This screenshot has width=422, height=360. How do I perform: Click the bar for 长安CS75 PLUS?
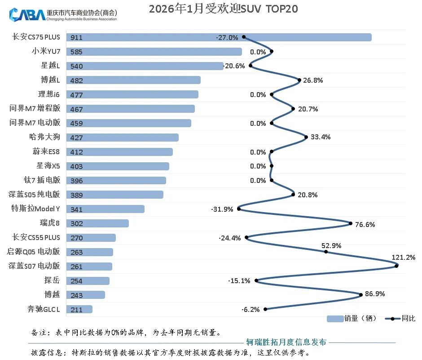coord(219,37)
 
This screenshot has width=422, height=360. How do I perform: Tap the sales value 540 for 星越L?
coord(77,66)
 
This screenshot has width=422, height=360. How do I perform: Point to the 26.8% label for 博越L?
coord(313,80)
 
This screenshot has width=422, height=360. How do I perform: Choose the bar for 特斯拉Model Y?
coord(105,209)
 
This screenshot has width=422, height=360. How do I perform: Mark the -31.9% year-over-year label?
coord(222,209)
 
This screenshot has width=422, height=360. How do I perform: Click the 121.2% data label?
coord(404,258)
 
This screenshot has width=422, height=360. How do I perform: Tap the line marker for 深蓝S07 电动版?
coord(397,266)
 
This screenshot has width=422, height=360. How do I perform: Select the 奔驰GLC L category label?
coord(44,309)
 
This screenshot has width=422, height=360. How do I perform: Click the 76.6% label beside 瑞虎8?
coord(365,224)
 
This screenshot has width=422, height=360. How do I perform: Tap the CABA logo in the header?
coord(26,14)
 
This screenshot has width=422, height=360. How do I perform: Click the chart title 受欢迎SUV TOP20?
coord(223,9)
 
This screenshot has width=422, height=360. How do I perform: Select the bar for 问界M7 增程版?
coord(130,109)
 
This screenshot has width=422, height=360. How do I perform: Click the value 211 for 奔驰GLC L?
coord(77,310)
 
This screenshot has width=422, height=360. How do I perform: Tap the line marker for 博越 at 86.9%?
coord(361,295)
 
